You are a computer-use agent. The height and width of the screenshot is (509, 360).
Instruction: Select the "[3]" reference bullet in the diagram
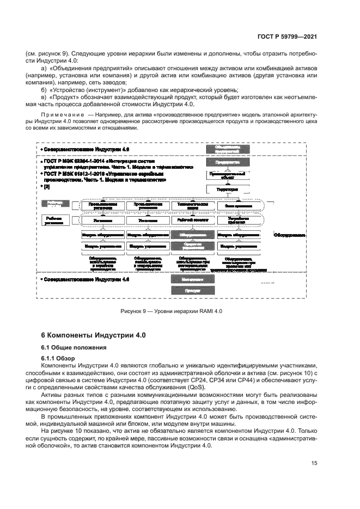click(x=47, y=186)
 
